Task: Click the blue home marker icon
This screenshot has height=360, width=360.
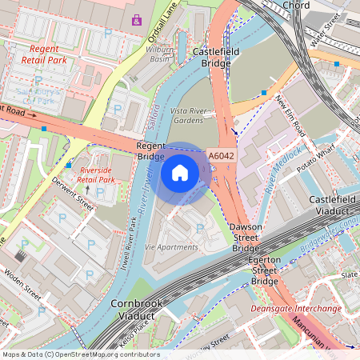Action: click(x=180, y=172)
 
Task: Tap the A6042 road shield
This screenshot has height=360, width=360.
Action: click(x=220, y=157)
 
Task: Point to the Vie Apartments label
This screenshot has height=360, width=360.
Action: click(x=171, y=247)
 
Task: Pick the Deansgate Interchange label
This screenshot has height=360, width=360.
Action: click(x=296, y=308)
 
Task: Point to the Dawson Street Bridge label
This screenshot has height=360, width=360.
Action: click(x=246, y=238)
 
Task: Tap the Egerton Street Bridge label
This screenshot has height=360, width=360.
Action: click(x=265, y=270)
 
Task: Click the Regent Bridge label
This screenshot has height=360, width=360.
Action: click(x=150, y=151)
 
